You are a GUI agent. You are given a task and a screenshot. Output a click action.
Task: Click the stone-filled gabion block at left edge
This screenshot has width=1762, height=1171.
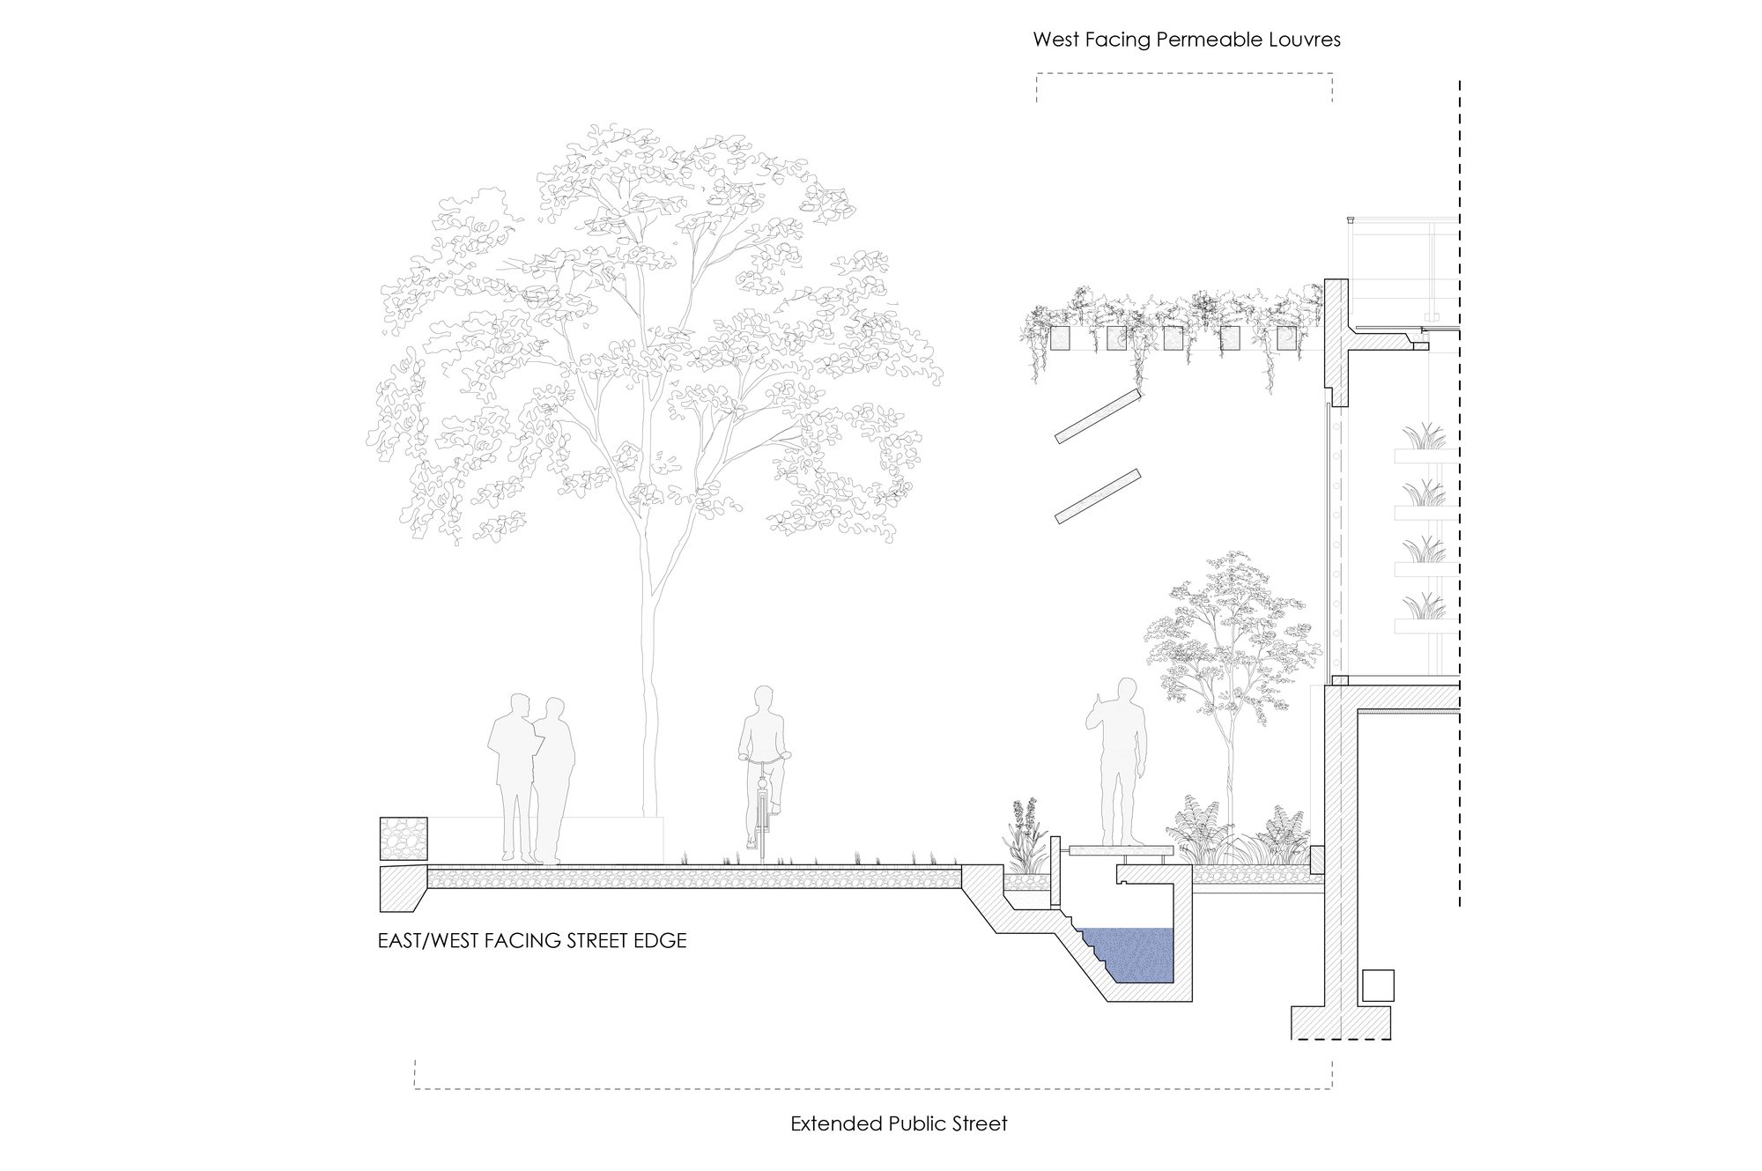tap(403, 839)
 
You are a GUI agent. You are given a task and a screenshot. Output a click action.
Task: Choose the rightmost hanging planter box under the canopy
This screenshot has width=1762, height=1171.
tap(1287, 339)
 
